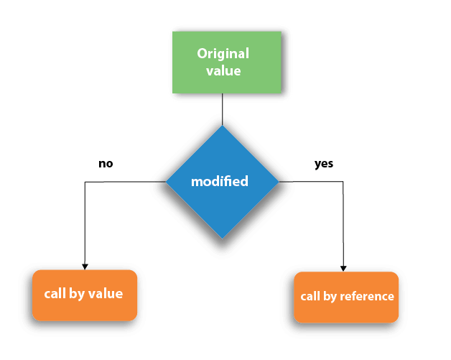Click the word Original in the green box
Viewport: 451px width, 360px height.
point(223,53)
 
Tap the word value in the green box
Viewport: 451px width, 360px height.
point(223,71)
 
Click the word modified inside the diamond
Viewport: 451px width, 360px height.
point(219,182)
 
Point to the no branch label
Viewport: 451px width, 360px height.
point(106,164)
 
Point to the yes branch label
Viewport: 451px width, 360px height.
point(324,164)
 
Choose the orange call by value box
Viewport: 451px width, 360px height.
point(84,295)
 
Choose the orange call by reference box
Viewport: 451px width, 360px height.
point(346,297)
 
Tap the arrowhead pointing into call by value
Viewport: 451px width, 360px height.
point(85,266)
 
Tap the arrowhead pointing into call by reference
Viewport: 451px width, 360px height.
point(343,267)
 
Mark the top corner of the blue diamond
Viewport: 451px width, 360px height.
point(222,127)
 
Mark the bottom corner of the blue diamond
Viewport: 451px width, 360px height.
point(222,238)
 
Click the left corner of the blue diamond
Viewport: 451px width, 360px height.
point(167,182)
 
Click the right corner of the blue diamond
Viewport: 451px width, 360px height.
point(278,182)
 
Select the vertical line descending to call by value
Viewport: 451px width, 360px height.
point(85,223)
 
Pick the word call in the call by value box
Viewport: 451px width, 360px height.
point(55,294)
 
